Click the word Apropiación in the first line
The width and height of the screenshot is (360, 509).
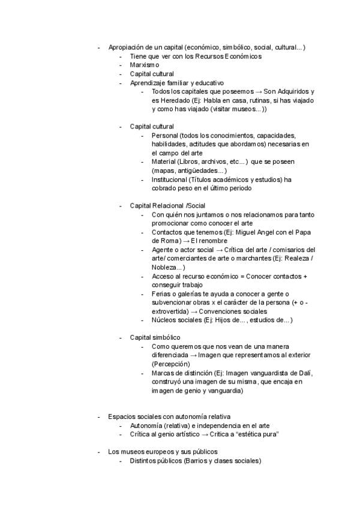pos(127,47)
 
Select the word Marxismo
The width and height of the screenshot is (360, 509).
pos(145,65)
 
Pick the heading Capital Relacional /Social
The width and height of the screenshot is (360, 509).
pos(167,206)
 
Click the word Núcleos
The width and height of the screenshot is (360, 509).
pos(165,320)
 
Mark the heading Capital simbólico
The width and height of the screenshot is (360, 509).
pos(155,337)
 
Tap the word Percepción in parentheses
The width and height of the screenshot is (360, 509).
pos(171,364)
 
